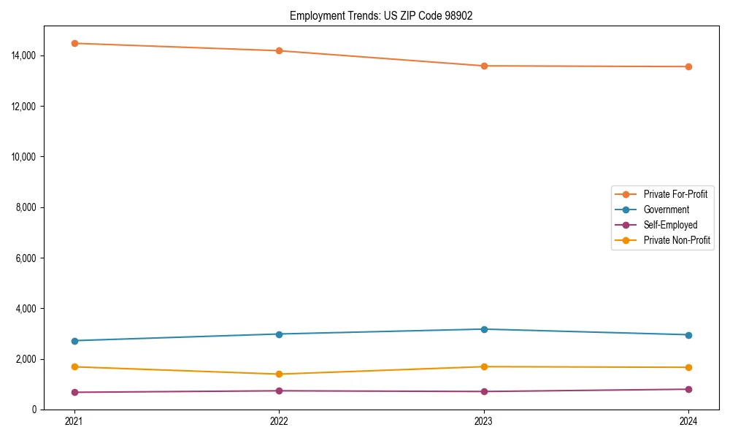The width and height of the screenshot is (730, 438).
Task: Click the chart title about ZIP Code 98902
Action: click(381, 15)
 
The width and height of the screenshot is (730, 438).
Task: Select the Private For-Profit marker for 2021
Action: click(74, 43)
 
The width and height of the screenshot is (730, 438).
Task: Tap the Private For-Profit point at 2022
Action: click(279, 50)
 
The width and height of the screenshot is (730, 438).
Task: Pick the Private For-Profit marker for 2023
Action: click(484, 66)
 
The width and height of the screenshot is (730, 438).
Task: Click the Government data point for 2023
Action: click(484, 329)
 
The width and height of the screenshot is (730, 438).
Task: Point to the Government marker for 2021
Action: click(74, 341)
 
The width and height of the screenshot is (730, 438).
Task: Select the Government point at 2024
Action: click(688, 335)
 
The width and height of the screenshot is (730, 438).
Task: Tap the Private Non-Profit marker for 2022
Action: click(279, 374)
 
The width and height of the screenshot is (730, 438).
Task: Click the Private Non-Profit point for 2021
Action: click(74, 366)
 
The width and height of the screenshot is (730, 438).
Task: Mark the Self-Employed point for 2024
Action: click(688, 389)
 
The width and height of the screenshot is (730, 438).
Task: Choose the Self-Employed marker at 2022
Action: click(279, 391)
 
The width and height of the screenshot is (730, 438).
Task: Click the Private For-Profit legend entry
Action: click(675, 194)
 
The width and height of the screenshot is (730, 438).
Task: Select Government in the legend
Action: click(666, 210)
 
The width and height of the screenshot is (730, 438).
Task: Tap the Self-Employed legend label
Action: click(670, 225)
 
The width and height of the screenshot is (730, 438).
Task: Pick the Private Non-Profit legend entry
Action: click(677, 240)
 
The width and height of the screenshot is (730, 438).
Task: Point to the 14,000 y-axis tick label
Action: click(24, 55)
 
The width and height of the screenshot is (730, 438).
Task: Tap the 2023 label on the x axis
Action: click(484, 421)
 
